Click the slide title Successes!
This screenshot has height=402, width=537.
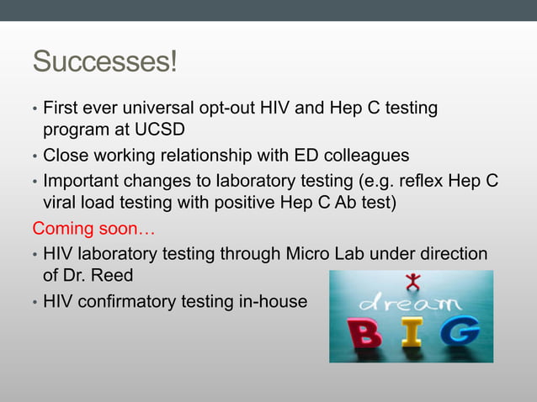coord(104,63)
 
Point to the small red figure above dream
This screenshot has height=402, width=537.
coord(412,281)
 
